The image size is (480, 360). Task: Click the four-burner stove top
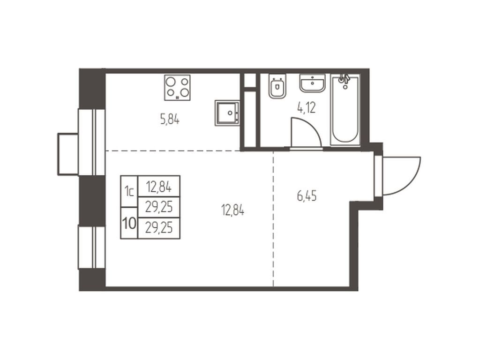click(x=177, y=87)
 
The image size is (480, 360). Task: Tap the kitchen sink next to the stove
click(x=228, y=112)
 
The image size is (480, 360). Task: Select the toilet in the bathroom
click(x=277, y=87)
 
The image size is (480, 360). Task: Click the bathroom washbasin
click(x=312, y=84)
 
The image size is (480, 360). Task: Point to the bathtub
click(x=345, y=111)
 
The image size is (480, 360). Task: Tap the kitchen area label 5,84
click(x=170, y=120)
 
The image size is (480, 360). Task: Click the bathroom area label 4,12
click(x=306, y=108)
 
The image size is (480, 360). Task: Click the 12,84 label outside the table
click(x=233, y=210)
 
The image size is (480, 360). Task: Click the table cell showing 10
click(x=128, y=223)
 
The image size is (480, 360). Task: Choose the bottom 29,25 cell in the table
click(x=158, y=228)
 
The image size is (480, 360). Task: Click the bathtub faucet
click(x=345, y=80)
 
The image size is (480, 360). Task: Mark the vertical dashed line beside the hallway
click(x=273, y=220)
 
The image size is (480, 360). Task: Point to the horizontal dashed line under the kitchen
click(x=173, y=150)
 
